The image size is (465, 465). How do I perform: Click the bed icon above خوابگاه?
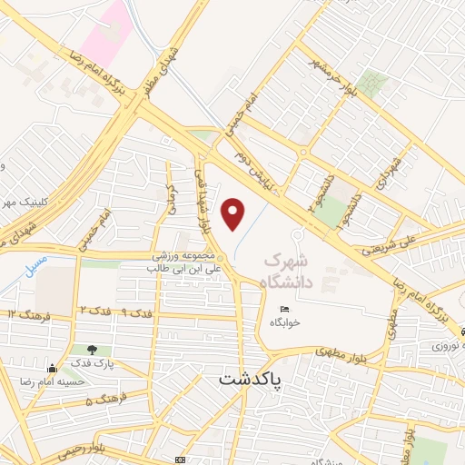click(x=285, y=309)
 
